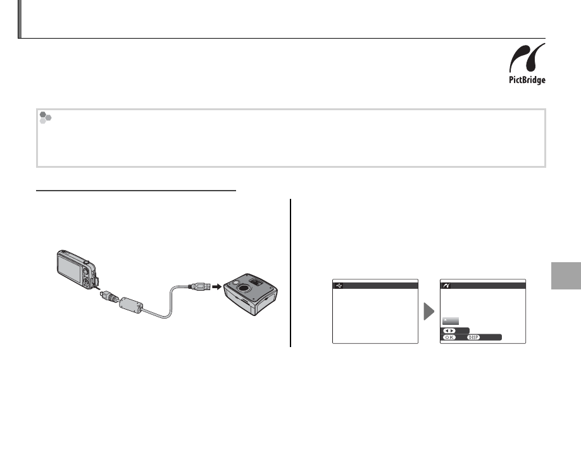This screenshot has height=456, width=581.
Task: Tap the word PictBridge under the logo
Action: click(x=527, y=80)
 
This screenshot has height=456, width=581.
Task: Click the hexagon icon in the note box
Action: click(x=45, y=118)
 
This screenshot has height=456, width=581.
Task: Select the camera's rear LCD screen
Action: click(x=70, y=269)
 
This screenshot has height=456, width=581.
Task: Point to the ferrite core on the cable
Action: click(x=131, y=305)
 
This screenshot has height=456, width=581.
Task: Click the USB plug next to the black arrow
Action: click(x=199, y=286)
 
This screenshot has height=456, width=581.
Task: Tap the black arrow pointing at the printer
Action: click(x=216, y=286)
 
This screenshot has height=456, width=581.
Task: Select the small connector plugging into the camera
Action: click(x=108, y=296)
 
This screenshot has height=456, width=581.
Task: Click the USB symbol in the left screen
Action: click(x=339, y=286)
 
